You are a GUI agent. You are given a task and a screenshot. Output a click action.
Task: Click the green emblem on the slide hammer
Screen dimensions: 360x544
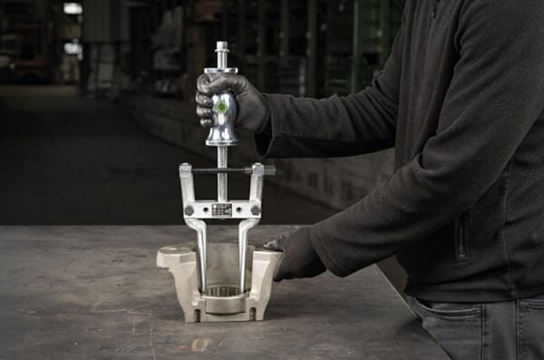click(x=221, y=106)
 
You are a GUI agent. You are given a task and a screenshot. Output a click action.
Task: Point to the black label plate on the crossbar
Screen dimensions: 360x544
click(x=221, y=209)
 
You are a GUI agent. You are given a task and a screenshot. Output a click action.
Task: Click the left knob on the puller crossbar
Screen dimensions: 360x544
click(x=189, y=209)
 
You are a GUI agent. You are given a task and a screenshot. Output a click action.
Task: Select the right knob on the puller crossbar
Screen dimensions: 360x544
click(x=256, y=209)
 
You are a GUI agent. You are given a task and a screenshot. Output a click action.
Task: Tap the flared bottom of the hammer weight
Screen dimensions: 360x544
click(x=221, y=139)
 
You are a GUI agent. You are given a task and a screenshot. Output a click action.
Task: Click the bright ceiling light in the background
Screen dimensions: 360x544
click(x=73, y=8)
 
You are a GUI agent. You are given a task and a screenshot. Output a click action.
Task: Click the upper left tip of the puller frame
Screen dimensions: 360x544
click(x=185, y=168)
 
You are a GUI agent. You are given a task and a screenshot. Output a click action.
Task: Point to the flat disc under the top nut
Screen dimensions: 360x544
click(x=221, y=69)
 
